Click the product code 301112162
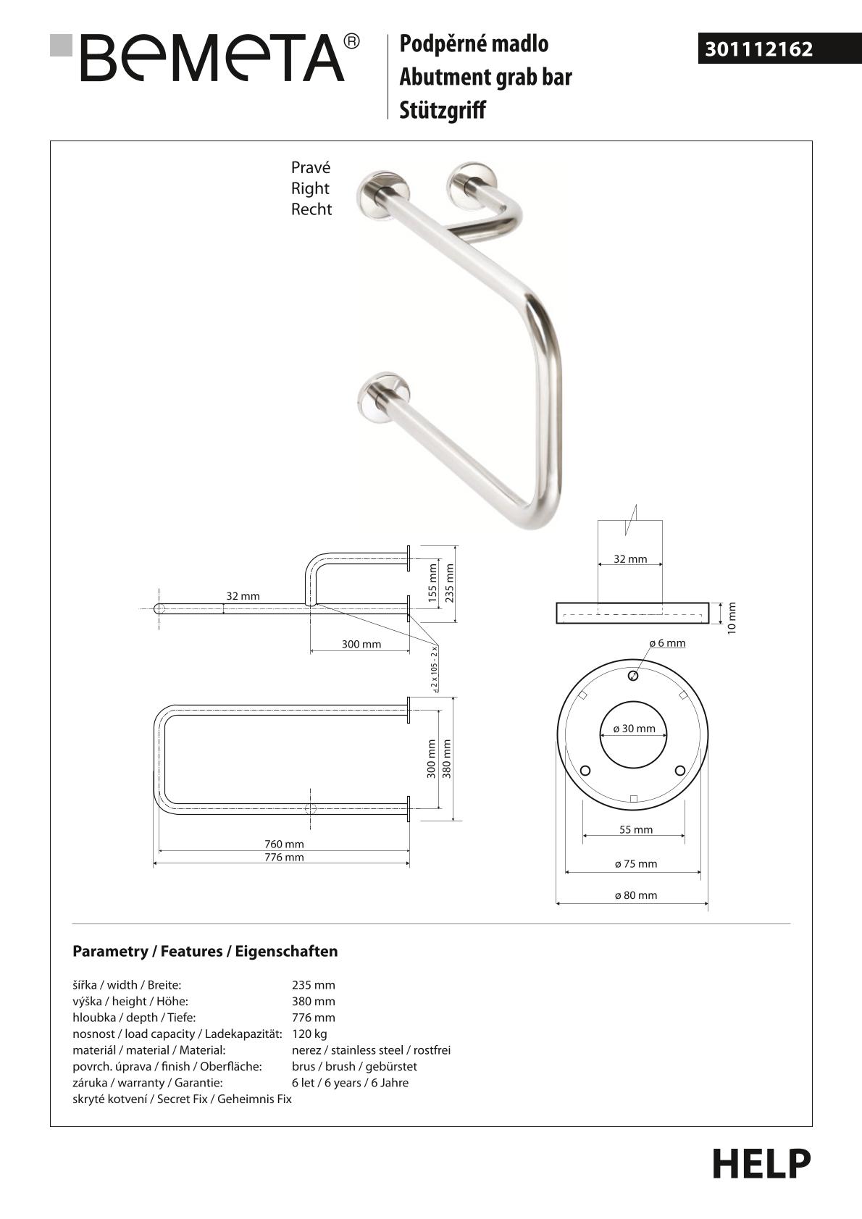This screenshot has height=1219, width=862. [758, 49]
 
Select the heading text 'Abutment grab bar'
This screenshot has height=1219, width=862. [485, 78]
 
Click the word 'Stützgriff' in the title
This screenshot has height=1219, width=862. [442, 110]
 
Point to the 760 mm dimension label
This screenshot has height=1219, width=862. [284, 844]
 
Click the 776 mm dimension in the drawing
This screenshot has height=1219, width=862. [284, 858]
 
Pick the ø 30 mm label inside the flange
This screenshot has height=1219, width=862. [634, 729]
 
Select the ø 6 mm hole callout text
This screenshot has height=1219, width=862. [667, 643]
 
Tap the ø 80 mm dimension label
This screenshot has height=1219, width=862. [636, 895]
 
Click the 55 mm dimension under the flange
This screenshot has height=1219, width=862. [636, 830]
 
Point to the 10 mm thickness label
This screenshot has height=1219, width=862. [732, 618]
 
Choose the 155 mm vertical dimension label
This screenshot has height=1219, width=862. [433, 583]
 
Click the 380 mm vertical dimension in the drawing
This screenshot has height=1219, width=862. [447, 758]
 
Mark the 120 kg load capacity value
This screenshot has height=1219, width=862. [309, 1034]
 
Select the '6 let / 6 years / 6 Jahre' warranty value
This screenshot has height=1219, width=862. [350, 1083]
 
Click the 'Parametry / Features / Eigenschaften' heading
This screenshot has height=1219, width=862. [205, 951]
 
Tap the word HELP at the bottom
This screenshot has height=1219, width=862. [761, 1164]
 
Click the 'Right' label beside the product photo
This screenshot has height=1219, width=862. [310, 188]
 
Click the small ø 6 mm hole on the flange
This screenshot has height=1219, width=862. [633, 676]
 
